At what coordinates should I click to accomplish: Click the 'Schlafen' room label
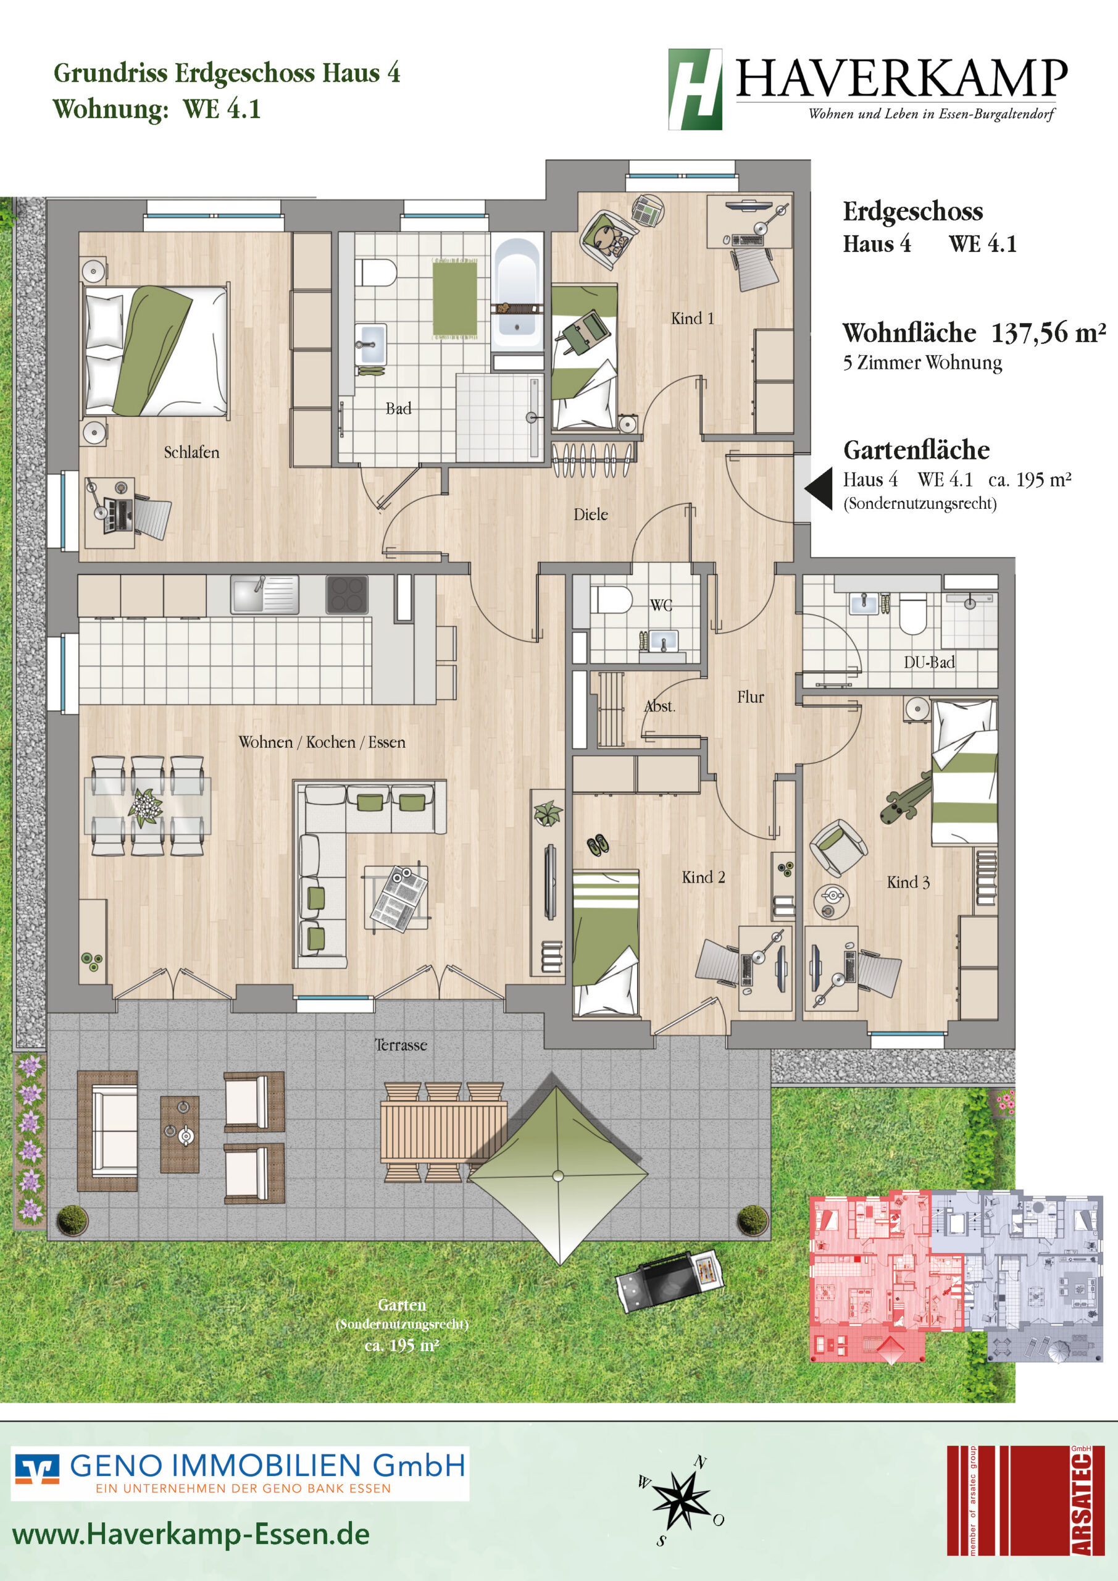[191, 453]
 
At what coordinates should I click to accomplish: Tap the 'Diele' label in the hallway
[591, 514]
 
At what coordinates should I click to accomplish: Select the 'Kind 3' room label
[908, 882]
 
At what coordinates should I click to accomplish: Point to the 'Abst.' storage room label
[659, 707]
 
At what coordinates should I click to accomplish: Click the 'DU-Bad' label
[928, 663]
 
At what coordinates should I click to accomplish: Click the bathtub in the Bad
[517, 292]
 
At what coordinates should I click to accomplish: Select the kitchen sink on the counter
[264, 594]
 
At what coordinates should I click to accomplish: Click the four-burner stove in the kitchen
[346, 594]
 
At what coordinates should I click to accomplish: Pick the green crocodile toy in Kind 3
[905, 798]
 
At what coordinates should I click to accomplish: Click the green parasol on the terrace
[557, 1175]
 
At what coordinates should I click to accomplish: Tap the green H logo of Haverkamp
[695, 89]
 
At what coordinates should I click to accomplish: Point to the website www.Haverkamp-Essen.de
[191, 1534]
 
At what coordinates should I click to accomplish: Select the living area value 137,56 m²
[1049, 333]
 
